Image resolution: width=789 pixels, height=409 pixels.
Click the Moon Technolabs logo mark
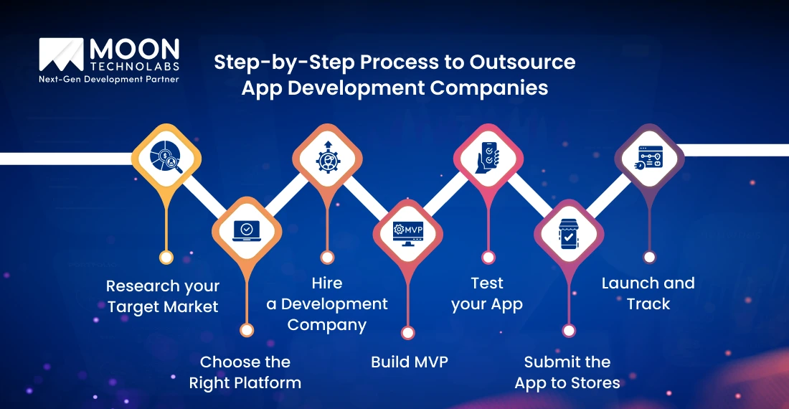(x=62, y=56)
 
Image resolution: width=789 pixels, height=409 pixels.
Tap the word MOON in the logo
(x=133, y=50)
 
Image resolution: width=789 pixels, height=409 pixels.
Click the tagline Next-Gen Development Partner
(x=108, y=80)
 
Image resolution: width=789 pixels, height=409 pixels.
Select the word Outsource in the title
(x=522, y=62)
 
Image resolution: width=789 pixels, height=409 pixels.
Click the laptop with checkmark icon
(x=246, y=230)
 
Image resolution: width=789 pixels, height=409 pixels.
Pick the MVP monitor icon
(x=407, y=231)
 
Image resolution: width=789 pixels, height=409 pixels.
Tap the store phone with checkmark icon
(x=568, y=231)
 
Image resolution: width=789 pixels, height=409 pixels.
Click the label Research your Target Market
(x=163, y=296)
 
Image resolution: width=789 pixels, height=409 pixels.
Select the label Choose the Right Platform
(x=245, y=372)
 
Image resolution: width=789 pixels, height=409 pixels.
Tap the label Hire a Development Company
(x=327, y=304)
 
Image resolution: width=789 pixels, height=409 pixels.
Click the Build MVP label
(x=409, y=362)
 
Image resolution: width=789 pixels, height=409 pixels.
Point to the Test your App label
(x=487, y=293)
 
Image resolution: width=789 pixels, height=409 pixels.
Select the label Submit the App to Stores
(x=567, y=372)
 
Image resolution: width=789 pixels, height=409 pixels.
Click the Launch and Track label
(x=648, y=293)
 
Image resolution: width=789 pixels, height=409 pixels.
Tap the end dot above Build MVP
(x=407, y=332)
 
